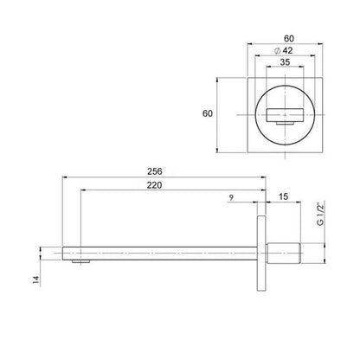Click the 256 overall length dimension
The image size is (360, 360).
point(155,171)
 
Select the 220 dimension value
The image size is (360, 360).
point(154,185)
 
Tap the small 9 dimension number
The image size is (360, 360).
point(231,197)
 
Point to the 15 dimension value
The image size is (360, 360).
point(284,196)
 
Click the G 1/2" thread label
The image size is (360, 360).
point(320,215)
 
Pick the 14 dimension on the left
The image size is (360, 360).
point(36,280)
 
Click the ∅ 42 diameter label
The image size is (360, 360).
point(283,51)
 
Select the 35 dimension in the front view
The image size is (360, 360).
point(285,62)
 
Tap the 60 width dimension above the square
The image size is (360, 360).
point(289,38)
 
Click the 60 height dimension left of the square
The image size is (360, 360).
point(208,113)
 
